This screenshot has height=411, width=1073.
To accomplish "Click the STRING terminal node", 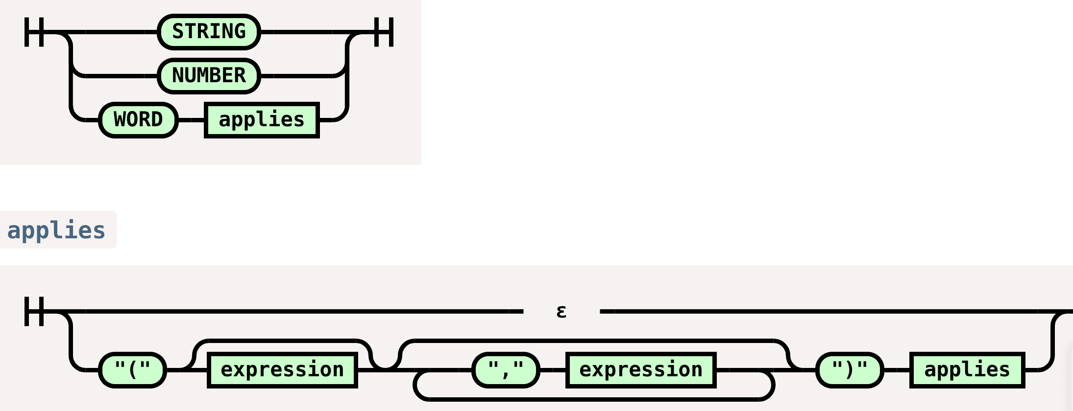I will [x=209, y=32].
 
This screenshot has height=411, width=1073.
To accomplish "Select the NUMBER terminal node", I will [x=209, y=76].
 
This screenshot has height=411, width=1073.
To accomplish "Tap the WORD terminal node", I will [x=138, y=120].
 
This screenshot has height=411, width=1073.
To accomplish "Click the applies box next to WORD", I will [x=262, y=120].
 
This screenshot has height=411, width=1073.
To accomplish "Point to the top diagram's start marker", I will [x=34, y=32].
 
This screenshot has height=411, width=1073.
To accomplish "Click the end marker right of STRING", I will [x=384, y=32].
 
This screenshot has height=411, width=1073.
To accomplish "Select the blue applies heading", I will [x=56, y=230].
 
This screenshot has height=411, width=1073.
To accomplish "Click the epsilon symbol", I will [x=561, y=311].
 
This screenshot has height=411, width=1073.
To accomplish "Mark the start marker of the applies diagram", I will [x=34, y=311].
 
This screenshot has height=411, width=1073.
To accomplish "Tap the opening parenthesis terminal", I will [x=132, y=370].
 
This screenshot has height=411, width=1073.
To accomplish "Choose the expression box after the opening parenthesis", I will [x=282, y=370].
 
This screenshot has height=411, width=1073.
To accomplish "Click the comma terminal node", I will [x=506, y=370].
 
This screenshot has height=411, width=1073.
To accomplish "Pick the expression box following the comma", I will [x=641, y=370].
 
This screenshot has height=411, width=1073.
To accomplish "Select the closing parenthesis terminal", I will [x=850, y=370].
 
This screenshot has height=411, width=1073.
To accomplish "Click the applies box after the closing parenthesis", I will [x=967, y=370].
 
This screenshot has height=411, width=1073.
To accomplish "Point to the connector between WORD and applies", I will [x=191, y=120].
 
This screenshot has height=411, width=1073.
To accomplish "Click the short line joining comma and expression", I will [x=553, y=370].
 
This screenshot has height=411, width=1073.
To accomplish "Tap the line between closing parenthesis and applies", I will [x=897, y=370].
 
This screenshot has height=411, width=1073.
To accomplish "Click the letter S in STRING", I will [x=178, y=32].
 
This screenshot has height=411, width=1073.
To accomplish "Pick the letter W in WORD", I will [x=120, y=120].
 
